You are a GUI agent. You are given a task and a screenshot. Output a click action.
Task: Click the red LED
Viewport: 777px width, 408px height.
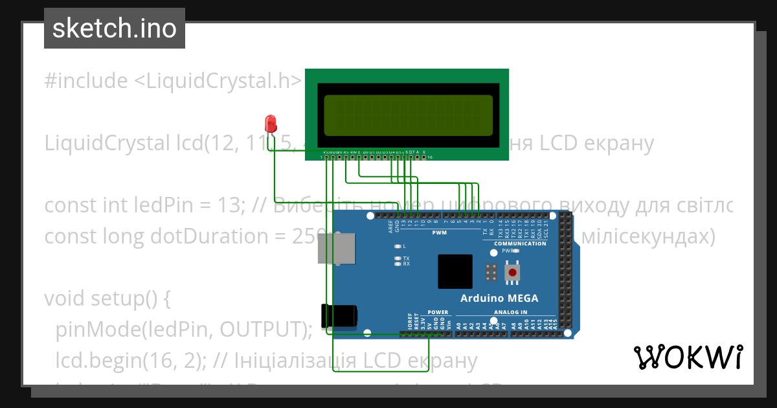[x=271, y=123]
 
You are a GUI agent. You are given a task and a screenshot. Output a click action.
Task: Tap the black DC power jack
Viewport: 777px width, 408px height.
[x=339, y=315]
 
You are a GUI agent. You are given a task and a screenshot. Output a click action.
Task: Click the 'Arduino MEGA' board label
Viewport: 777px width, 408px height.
[x=499, y=299]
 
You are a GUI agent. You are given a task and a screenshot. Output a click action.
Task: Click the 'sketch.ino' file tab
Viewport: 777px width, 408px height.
[x=115, y=28]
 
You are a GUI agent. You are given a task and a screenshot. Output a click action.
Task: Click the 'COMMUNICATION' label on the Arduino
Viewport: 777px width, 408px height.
[x=520, y=244]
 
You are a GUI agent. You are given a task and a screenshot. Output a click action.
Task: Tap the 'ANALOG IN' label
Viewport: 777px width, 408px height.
[x=511, y=312]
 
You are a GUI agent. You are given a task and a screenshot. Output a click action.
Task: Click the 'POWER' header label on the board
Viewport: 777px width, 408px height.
[x=438, y=312]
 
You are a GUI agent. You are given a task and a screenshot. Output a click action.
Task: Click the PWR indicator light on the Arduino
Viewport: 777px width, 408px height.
[x=515, y=250]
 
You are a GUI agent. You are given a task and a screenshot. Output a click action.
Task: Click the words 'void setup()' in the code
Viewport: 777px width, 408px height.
[x=107, y=299]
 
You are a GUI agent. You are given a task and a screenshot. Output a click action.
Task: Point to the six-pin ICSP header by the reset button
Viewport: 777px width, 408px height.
[x=491, y=273]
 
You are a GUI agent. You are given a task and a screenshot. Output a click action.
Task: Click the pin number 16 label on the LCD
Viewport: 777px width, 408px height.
[x=429, y=157]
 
